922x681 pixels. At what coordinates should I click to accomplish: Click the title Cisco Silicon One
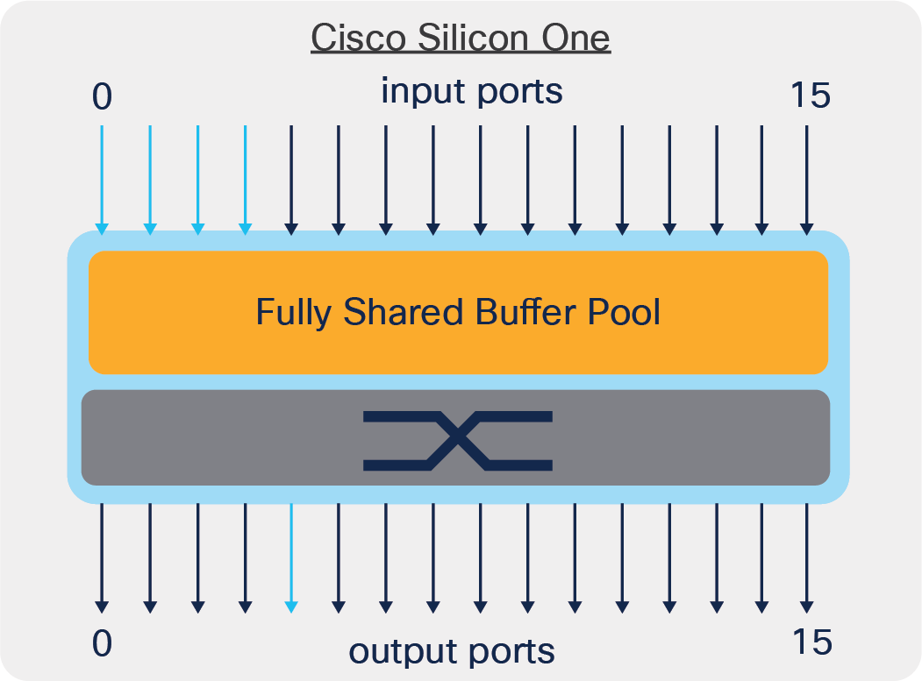[x=461, y=39]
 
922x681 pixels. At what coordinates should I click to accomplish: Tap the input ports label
[x=471, y=91]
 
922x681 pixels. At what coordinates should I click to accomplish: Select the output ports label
[x=452, y=651]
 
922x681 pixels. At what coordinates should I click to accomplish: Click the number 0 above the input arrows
[x=103, y=96]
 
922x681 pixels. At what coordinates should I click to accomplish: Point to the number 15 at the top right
[x=809, y=96]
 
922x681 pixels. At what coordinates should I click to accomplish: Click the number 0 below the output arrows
[x=103, y=643]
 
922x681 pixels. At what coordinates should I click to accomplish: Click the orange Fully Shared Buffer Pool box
[x=458, y=313]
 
